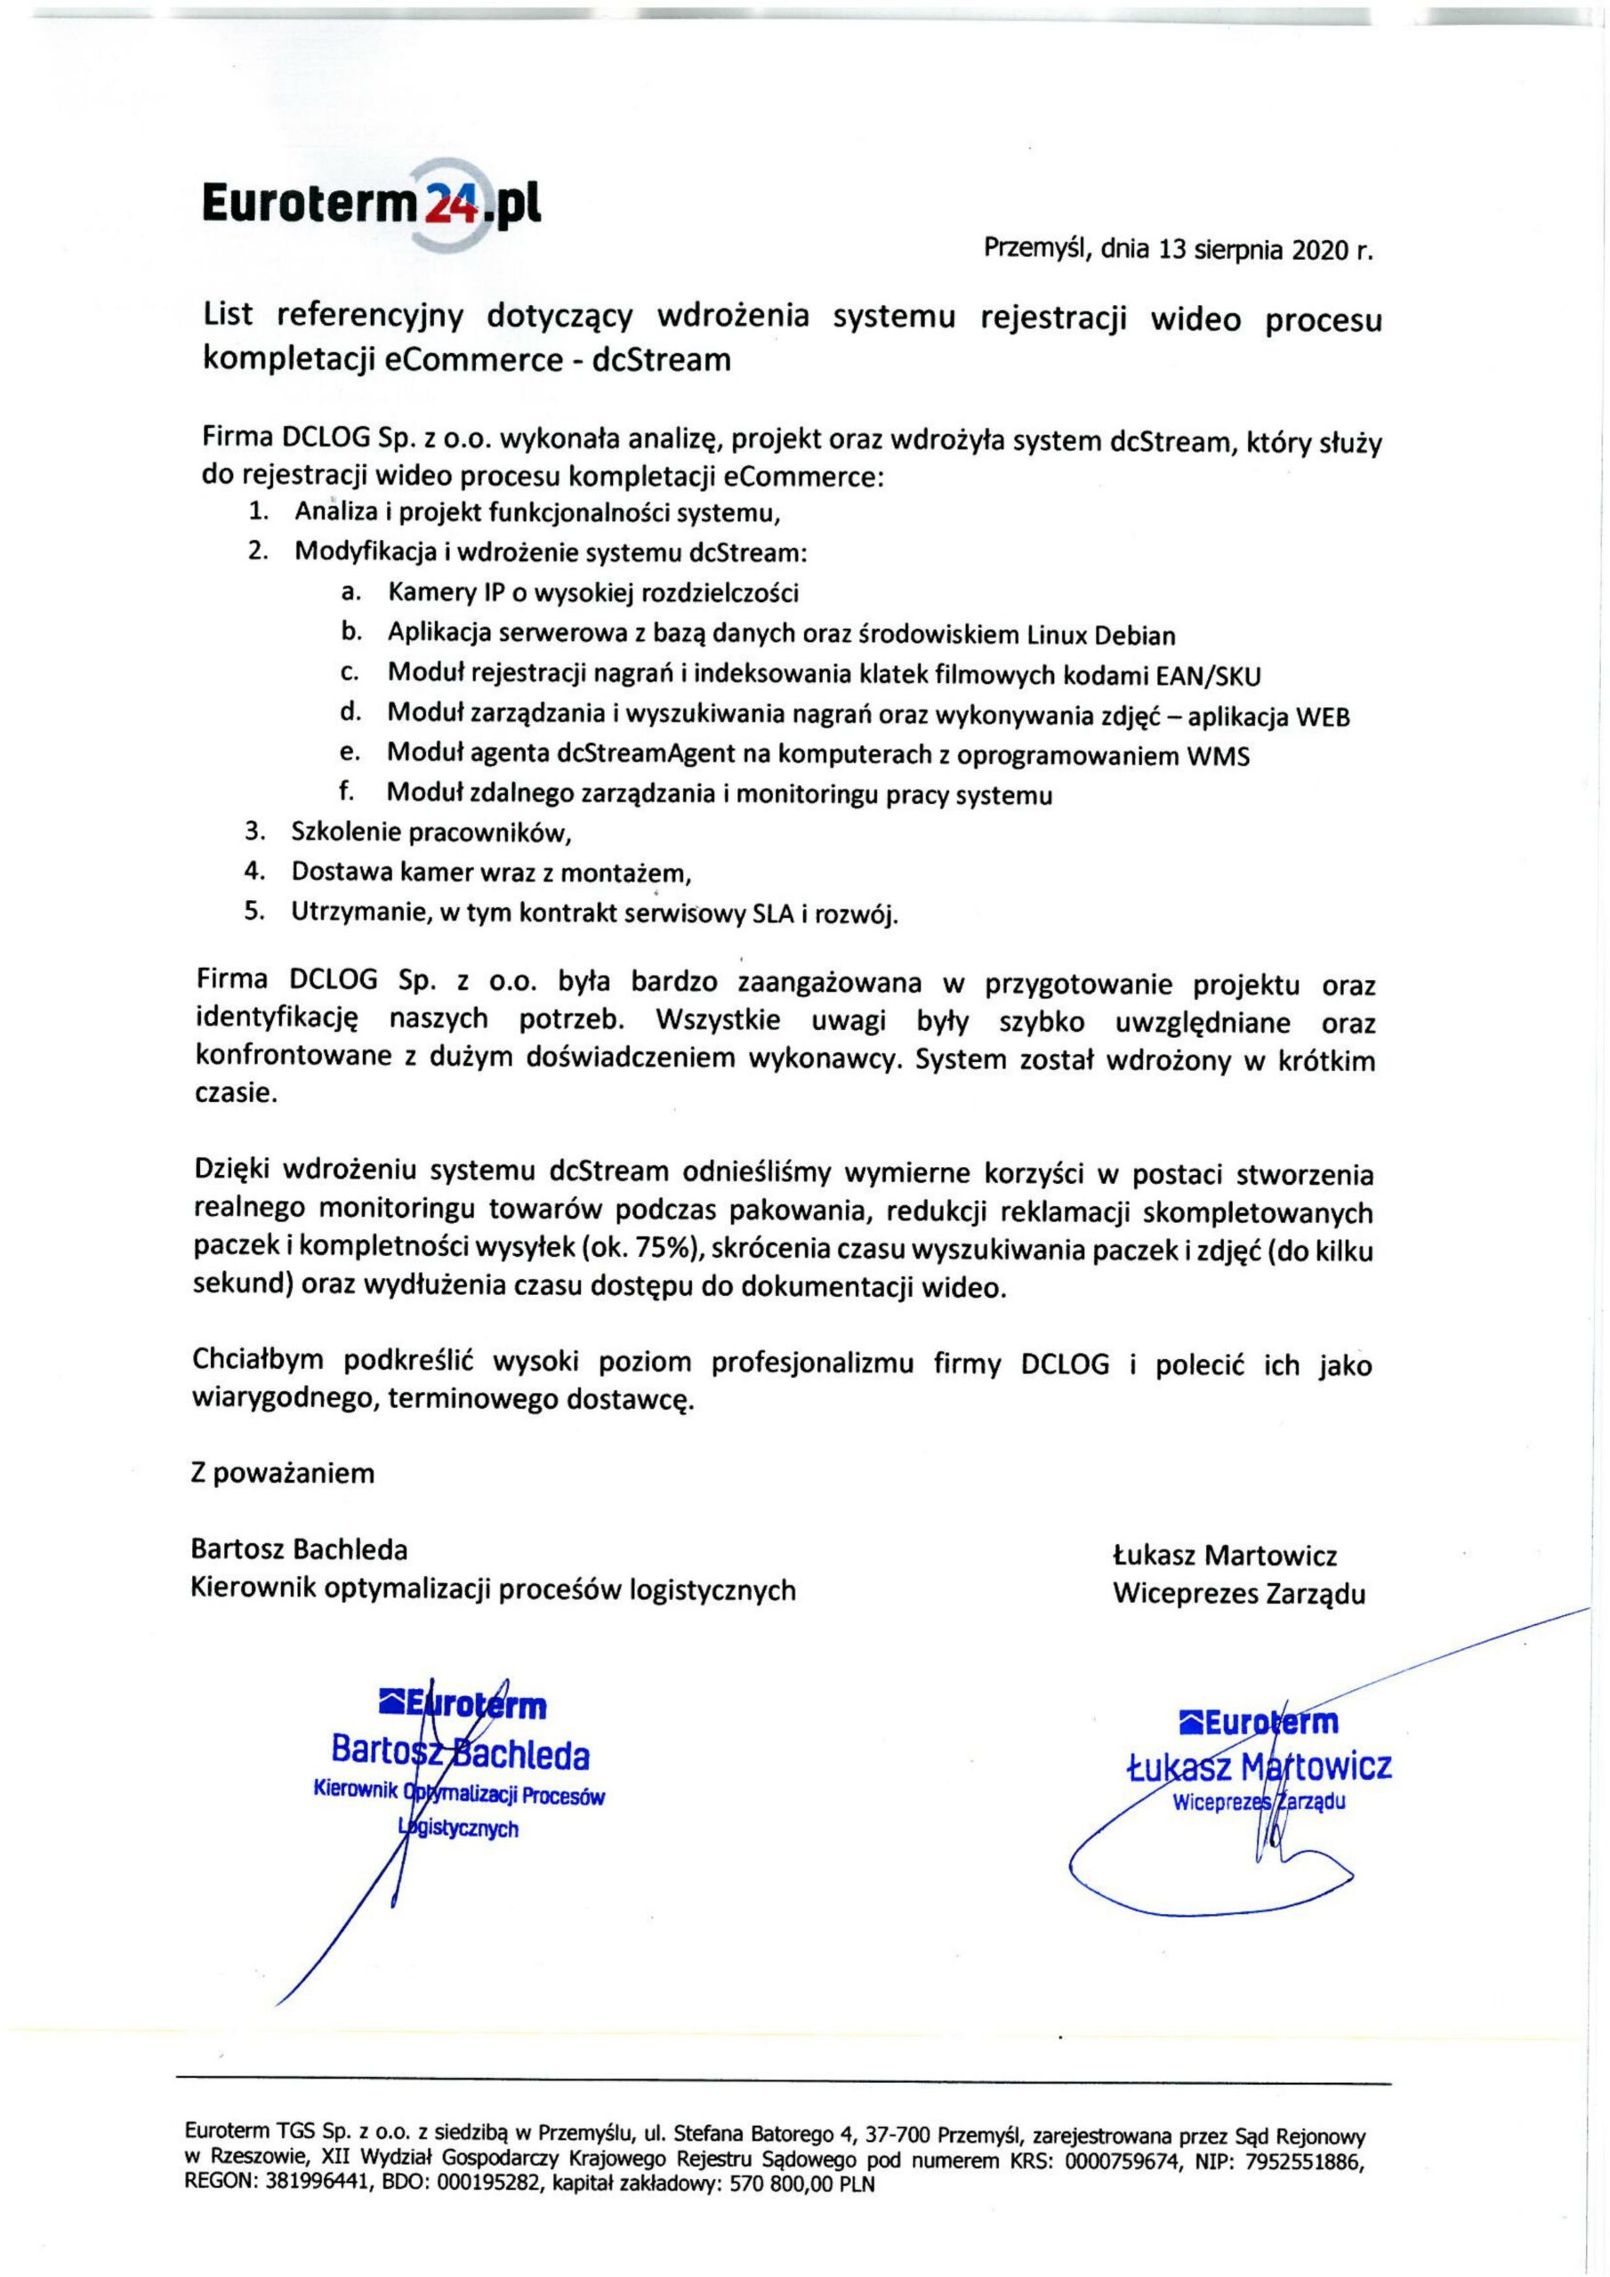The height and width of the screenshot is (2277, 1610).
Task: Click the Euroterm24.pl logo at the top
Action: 372,205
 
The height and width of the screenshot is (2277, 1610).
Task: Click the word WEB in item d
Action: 1324,717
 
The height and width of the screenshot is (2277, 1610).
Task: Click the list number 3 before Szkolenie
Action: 254,831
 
